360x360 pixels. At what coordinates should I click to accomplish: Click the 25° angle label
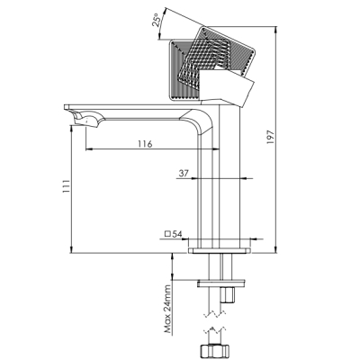157,20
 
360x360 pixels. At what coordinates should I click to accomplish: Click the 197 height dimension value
271,138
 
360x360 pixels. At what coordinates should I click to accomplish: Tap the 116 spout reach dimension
145,144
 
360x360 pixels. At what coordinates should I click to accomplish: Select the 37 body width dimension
184,173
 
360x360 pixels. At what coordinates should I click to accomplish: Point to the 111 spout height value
66,186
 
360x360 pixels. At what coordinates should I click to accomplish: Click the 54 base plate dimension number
177,234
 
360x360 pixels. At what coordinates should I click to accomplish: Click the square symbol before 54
168,234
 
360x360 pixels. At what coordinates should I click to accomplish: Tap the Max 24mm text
167,310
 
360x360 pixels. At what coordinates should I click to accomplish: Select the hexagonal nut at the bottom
213,349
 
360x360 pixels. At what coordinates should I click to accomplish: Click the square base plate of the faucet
220,250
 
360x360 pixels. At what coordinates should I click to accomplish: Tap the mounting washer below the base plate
221,283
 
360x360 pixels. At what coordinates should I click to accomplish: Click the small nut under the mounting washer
228,295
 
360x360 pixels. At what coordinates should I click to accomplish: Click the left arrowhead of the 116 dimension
89,148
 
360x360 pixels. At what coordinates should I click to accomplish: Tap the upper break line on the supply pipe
214,313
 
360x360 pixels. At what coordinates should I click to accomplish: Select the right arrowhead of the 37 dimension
245,178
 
